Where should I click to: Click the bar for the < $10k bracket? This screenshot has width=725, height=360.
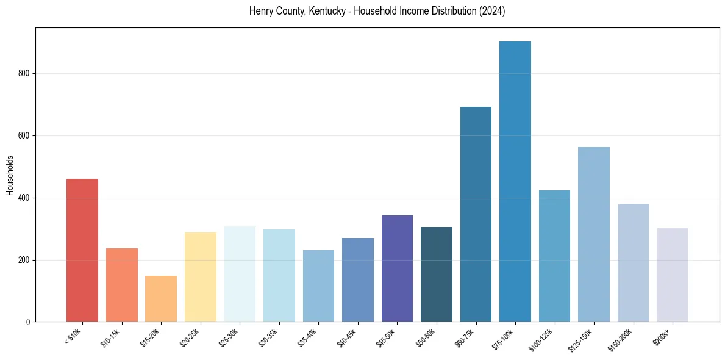pos(82,250)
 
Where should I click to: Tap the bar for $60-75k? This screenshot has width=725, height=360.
pos(476,214)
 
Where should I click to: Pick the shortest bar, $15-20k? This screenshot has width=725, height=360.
pos(161,299)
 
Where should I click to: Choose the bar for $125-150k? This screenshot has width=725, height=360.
pos(594,234)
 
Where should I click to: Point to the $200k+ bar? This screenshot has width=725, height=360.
pos(673,275)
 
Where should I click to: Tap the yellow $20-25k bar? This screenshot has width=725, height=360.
pos(201,277)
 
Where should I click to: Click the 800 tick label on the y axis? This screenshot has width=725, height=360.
pos(23,73)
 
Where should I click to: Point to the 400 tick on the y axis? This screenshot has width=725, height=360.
pos(23,198)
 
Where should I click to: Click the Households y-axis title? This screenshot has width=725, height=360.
pos(10,175)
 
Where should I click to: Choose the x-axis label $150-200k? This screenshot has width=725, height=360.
pos(621,339)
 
